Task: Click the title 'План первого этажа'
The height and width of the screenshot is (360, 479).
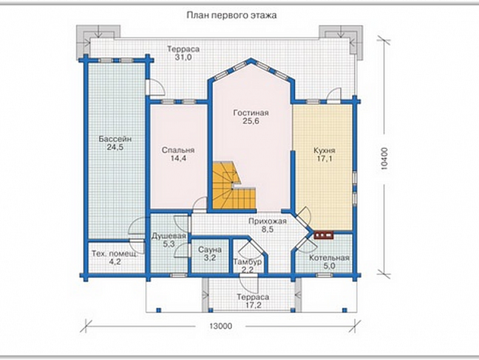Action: coord(231,15)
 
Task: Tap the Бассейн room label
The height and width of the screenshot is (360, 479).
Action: coord(115,139)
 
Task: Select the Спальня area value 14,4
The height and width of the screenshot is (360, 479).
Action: coord(178,158)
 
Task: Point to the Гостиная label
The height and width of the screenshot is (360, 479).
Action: coord(251,113)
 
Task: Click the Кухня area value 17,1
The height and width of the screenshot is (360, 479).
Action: coord(324,159)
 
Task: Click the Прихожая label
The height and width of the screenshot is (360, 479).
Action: coord(267,222)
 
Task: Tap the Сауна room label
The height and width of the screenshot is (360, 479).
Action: coord(210,250)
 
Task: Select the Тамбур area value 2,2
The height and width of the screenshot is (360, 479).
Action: coord(248,270)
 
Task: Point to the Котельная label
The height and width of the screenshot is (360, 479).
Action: coord(329,258)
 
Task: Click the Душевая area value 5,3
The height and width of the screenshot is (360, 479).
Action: coord(168,244)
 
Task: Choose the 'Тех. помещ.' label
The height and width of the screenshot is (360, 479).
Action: coord(115,253)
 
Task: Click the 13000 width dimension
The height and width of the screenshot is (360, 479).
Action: coord(221,326)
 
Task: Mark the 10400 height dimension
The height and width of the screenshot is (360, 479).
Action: coord(385,158)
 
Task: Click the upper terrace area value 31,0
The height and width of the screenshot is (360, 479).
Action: coord(184,57)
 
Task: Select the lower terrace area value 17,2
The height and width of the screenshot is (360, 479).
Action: coord(253,305)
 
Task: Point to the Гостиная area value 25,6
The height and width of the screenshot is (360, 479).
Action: coord(251,121)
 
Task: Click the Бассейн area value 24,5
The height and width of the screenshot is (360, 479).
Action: coord(115,147)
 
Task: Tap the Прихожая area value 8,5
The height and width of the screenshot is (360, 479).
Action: coord(267,230)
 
